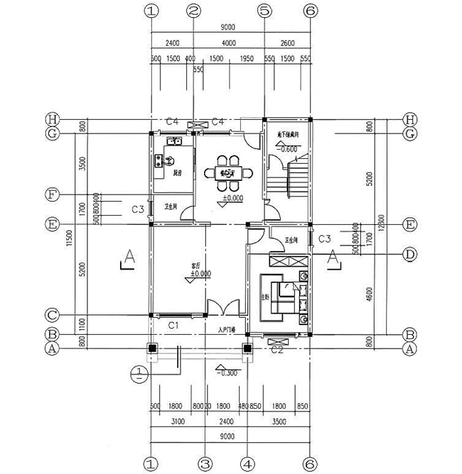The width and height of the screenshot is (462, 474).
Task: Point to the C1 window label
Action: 173,324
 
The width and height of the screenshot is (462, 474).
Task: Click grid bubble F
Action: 52,194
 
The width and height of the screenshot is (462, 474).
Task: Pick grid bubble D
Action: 409,253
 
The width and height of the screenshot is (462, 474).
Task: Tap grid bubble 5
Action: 264,11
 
